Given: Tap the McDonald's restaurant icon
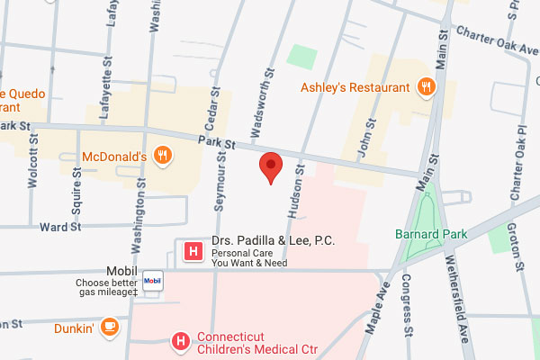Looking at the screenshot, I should pyautogui.click(x=162, y=156).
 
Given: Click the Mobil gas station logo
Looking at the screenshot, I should pyautogui.click(x=152, y=280).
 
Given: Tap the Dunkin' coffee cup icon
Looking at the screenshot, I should pyautogui.click(x=109, y=327).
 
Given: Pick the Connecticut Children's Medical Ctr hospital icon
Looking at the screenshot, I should pyautogui.click(x=181, y=341).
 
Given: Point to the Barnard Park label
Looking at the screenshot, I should pyautogui.click(x=431, y=234).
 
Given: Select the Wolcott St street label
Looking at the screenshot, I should pyautogui.click(x=33, y=158).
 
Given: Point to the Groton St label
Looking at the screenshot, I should pyautogui.click(x=517, y=243).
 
